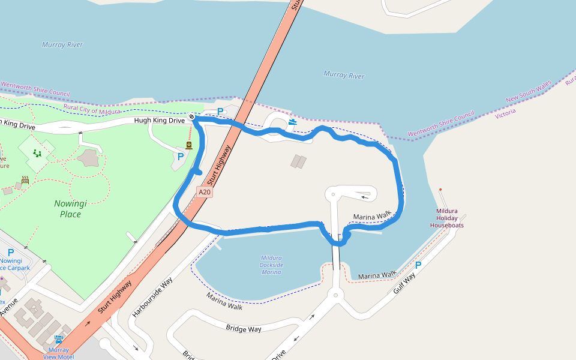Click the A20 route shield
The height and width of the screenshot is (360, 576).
coord(205,192)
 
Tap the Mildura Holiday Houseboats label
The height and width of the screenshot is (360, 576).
coord(446,218)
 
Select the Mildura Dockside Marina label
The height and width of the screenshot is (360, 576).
coord(271,265)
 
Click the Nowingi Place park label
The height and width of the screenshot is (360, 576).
coord(70,208)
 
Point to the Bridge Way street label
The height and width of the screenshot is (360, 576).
coord(244,328)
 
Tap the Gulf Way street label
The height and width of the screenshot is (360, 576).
coord(404,284)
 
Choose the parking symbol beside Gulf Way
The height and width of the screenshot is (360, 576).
coord(418,265)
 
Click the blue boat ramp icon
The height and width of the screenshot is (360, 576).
coord(292,122)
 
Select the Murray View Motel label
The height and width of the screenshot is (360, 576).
coord(58,353)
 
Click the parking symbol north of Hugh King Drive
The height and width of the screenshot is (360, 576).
coord(220,111)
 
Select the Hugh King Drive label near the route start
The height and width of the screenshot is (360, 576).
coord(159,121)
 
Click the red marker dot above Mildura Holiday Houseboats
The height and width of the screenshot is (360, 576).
coord(440,190)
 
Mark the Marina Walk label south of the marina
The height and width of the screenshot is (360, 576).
coord(224,301)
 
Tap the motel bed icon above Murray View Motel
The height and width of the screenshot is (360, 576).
coord(59,339)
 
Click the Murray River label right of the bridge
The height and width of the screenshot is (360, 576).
coord(344,75)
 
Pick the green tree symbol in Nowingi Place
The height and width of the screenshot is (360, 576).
coord(37,154)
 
